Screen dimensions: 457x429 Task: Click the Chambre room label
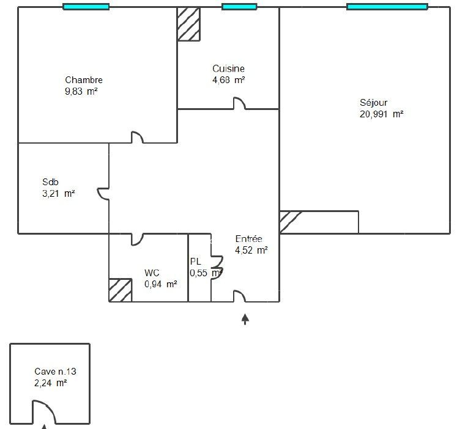[x=84, y=79]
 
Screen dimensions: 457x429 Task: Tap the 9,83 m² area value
[x=81, y=92]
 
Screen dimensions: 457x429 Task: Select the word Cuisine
[x=229, y=68]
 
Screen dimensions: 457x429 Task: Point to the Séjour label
[x=373, y=103]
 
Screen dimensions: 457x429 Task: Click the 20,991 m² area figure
[x=382, y=114]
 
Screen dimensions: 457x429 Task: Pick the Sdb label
[x=50, y=182]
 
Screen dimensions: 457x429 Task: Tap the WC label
[x=152, y=273]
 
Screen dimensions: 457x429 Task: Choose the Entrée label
[x=248, y=239]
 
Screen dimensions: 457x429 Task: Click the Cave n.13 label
[x=56, y=372]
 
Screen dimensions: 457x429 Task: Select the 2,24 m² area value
[x=51, y=383]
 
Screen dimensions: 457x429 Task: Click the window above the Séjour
[x=387, y=7]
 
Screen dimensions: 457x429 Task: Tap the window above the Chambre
[x=86, y=7]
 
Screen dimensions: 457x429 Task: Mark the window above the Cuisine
[x=239, y=7]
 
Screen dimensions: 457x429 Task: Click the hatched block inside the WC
[x=121, y=290]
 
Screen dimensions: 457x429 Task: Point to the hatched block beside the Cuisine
[x=188, y=24]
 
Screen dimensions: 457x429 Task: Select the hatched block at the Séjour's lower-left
[x=290, y=222]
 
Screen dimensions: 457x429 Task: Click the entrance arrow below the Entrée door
[x=245, y=319]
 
